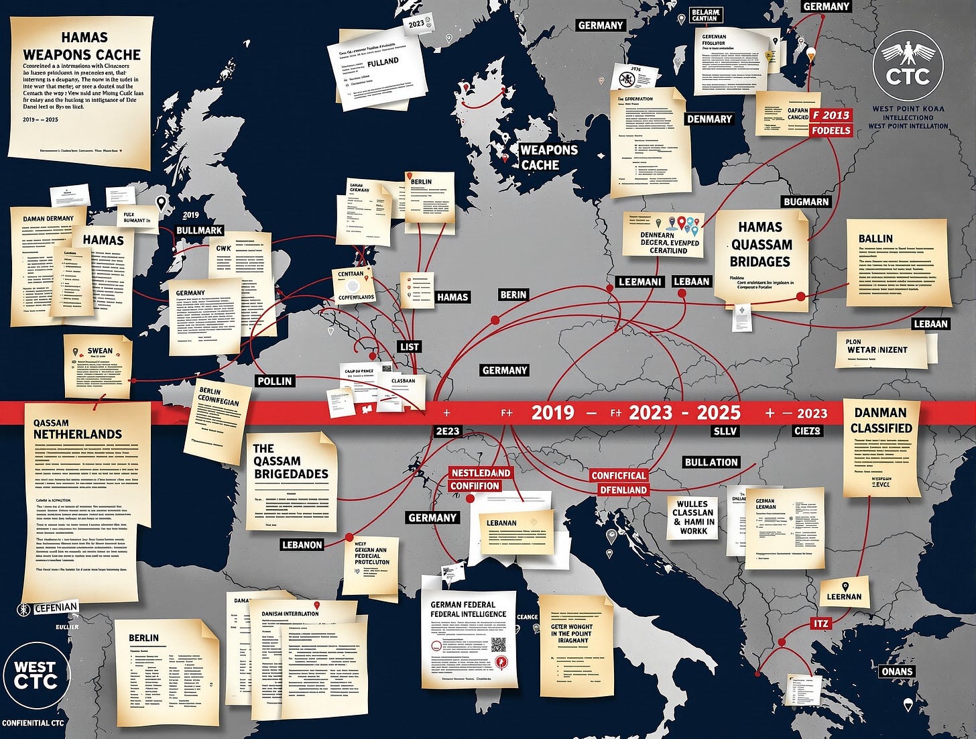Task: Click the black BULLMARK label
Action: [x=199, y=230]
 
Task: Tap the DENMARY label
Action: [x=709, y=119]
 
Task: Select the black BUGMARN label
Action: [x=806, y=202]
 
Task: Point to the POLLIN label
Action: [x=275, y=381]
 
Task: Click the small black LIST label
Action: [x=409, y=347]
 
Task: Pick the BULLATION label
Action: [x=711, y=462]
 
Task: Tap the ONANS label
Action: [x=897, y=671]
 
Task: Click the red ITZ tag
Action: [x=820, y=624]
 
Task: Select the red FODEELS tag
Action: [x=831, y=130]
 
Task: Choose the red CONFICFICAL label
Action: [x=618, y=475]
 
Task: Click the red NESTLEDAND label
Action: [x=480, y=473]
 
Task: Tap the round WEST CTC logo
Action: [x=35, y=675]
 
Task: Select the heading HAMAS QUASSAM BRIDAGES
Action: [x=760, y=245]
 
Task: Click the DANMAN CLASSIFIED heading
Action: [x=881, y=420]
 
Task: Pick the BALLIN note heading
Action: [x=875, y=239]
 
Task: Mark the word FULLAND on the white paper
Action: [x=383, y=62]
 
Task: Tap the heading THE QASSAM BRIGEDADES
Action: [x=290, y=461]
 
